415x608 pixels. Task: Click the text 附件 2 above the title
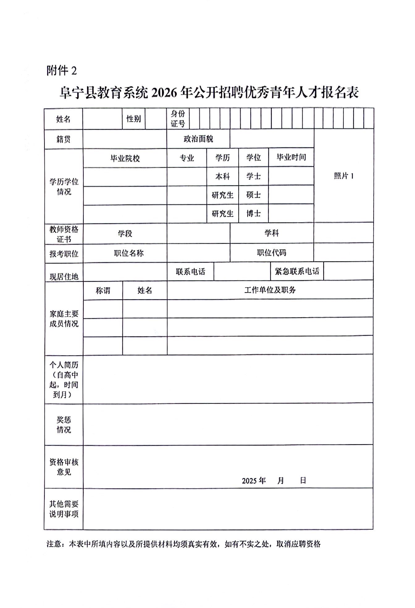tap(61, 71)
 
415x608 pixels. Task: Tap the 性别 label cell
tap(133, 119)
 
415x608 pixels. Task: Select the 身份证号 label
tap(178, 119)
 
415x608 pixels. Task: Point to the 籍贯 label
tap(63, 139)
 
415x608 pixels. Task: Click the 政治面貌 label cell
tap(198, 139)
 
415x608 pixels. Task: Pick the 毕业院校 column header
tap(125, 158)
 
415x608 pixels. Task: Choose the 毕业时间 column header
tap(291, 158)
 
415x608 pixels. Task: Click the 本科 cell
tap(222, 177)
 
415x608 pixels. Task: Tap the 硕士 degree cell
tap(254, 195)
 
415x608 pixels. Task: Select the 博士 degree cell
tap(254, 213)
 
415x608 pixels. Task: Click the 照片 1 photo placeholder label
tap(344, 176)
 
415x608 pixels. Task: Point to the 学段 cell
tap(125, 234)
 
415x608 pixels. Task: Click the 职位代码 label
tap(272, 253)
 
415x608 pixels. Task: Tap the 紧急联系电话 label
tap(297, 271)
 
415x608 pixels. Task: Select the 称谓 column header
tap(103, 290)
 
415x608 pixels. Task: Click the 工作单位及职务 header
tap(270, 290)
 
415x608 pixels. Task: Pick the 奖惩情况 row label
tap(64, 424)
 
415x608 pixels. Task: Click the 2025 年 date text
tap(254, 481)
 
